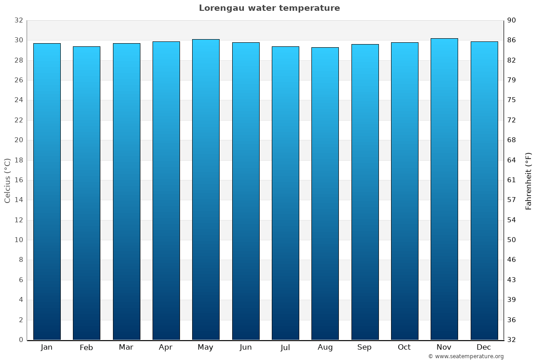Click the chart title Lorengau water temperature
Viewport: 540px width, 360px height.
(269, 8)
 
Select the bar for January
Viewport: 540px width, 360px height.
(47, 191)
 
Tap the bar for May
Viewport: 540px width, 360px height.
(206, 189)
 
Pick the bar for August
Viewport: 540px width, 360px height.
(325, 193)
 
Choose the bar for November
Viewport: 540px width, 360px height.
(444, 189)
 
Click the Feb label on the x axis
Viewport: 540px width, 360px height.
(86, 347)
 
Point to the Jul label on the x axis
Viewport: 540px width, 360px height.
(285, 347)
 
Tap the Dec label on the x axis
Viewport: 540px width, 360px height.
(484, 347)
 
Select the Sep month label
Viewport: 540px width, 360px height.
(364, 347)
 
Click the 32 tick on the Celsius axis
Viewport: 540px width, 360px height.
(18, 20)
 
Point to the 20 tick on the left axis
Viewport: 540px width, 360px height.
(18, 140)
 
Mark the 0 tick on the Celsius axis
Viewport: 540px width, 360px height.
(21, 340)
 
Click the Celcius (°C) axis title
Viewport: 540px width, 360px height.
(8, 180)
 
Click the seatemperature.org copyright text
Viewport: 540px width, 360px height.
(466, 356)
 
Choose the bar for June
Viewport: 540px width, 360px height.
(246, 191)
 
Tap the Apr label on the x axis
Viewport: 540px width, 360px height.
(166, 347)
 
